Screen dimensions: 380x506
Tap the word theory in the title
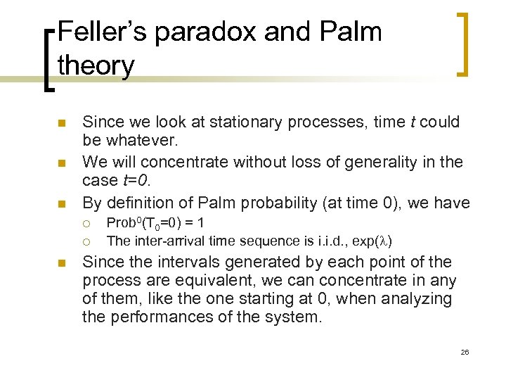pos(96,65)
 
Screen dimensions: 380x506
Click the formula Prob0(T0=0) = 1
pos(155,223)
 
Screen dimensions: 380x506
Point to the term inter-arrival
pos(161,241)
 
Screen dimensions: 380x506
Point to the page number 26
pos(465,351)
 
